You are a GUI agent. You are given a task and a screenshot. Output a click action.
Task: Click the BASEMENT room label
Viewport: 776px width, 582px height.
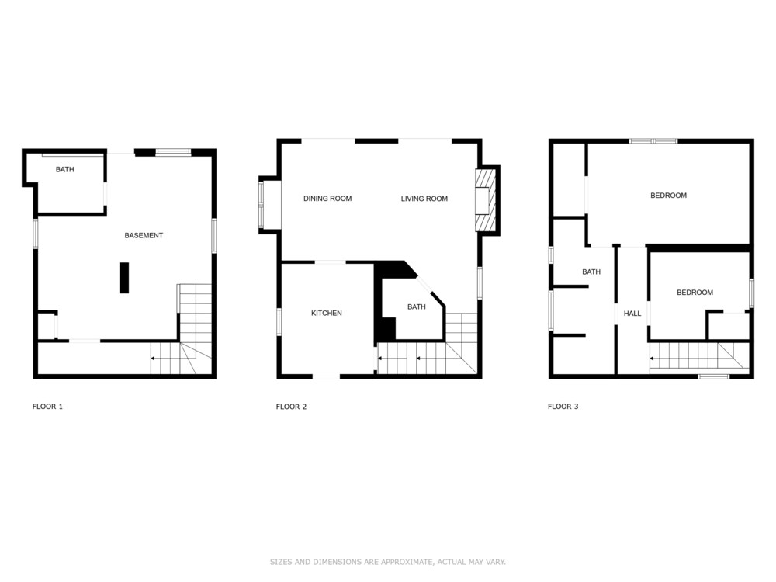pos(144,236)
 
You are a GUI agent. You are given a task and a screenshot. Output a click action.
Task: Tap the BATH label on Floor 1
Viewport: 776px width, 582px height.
pos(65,169)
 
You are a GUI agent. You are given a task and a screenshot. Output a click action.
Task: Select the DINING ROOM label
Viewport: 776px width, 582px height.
pos(327,199)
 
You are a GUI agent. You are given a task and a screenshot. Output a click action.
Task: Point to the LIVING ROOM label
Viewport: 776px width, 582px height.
pos(424,199)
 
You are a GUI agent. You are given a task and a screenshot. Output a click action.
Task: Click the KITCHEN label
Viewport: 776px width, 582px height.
pos(327,313)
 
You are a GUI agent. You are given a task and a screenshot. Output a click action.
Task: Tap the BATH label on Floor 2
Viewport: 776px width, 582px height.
pos(416,307)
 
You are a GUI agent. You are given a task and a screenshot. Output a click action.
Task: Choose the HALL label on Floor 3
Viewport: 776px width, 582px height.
pos(632,314)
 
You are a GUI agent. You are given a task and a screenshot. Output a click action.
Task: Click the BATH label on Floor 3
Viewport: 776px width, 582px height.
pos(591,272)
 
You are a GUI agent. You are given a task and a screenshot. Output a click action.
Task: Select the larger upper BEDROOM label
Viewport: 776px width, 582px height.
pos(669,196)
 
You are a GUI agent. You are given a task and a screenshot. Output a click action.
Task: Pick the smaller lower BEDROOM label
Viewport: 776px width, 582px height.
pos(695,293)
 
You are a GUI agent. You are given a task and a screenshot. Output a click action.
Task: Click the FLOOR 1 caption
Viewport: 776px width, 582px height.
pos(47,407)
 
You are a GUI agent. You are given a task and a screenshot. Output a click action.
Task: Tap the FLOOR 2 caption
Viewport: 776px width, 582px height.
pos(291,407)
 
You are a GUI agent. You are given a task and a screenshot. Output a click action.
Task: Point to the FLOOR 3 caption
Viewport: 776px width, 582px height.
pos(563,407)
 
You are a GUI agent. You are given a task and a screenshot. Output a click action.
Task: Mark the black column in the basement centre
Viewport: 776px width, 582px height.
pos(124,278)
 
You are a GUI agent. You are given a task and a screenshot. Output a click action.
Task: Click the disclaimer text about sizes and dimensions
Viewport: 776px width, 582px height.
pos(388,562)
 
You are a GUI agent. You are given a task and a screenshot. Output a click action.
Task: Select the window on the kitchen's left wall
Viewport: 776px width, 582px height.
pos(279,321)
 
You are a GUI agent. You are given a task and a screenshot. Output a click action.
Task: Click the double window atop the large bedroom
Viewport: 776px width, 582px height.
pos(653,141)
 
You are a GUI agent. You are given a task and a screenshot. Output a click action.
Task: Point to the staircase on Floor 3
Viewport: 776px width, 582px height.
pos(697,356)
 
